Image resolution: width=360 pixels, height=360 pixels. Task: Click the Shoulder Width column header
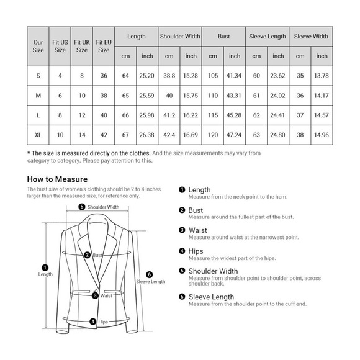180,37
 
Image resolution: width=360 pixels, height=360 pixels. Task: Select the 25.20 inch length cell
147,75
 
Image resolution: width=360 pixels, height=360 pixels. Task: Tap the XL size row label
38,135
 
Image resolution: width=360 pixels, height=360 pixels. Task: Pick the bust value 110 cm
213,95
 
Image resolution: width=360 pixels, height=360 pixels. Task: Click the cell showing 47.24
235,135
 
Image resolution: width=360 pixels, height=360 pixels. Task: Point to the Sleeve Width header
310,37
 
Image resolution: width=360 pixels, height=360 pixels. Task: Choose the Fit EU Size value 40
104,115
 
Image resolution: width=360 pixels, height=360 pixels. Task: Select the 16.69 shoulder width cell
191,135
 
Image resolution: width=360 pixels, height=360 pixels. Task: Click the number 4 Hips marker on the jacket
92,322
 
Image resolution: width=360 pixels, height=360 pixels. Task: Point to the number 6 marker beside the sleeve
149,274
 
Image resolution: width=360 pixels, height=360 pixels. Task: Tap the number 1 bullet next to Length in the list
182,190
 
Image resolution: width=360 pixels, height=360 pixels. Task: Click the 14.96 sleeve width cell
322,135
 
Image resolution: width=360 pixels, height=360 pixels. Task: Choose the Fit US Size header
60,45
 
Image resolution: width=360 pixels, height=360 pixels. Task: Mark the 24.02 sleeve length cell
278,95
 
